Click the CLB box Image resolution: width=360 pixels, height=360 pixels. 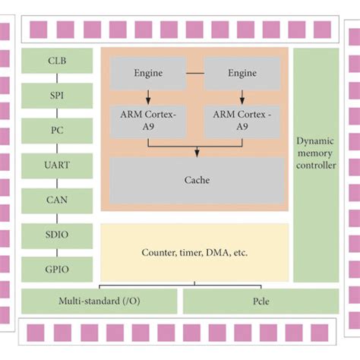click(57, 61)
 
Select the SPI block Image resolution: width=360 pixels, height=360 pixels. click(57, 95)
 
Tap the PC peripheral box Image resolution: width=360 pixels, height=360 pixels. click(57, 131)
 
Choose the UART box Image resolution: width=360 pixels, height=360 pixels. click(57, 165)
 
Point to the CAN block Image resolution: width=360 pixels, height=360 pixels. click(57, 200)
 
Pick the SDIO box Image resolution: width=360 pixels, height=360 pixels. click(57, 235)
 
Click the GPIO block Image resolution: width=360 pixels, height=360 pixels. click(57, 269)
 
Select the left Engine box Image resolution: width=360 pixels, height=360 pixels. click(148, 74)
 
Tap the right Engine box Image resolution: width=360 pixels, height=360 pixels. click(242, 74)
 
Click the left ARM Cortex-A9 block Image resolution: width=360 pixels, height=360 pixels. click(148, 118)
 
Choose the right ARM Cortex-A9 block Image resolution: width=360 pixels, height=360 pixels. click(242, 118)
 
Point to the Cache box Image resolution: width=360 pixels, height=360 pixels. click(197, 180)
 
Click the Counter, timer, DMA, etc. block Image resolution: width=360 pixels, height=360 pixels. click(194, 252)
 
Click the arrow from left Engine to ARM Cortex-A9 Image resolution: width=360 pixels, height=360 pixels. click(148, 96)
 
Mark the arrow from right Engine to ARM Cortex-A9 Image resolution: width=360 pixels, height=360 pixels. click(242, 96)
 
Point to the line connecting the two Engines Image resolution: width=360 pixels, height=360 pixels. click(195, 74)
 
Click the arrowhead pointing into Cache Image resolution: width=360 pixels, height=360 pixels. click(197, 153)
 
